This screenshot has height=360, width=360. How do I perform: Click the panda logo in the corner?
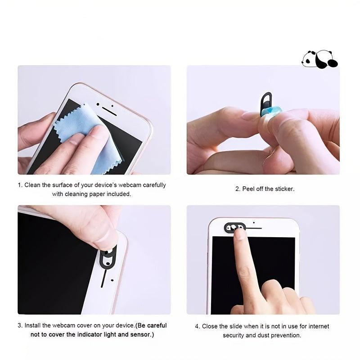(319, 59)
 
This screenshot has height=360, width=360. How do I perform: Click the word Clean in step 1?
(32, 185)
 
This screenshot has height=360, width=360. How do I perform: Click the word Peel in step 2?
(249, 189)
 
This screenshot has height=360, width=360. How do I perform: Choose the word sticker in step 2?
(284, 189)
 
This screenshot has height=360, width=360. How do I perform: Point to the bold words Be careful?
(152, 325)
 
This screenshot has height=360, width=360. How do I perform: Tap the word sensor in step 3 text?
(140, 335)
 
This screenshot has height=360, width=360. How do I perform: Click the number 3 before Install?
(19, 325)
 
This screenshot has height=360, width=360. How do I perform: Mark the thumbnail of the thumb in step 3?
(108, 238)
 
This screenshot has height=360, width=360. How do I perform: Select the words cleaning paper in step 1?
(92, 194)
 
